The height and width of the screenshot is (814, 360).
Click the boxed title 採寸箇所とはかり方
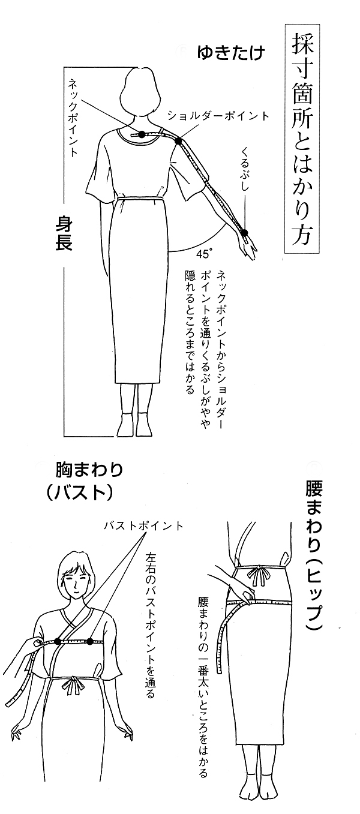(x=302, y=139)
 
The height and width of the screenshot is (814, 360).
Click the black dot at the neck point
(x=142, y=134)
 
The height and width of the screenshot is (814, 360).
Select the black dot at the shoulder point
(x=178, y=141)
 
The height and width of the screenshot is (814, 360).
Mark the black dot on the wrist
(x=244, y=233)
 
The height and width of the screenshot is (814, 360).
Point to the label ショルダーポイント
(x=218, y=116)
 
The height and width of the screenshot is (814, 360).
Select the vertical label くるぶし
(x=246, y=169)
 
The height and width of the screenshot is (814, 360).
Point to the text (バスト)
(x=79, y=492)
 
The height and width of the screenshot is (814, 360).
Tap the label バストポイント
(x=143, y=525)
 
